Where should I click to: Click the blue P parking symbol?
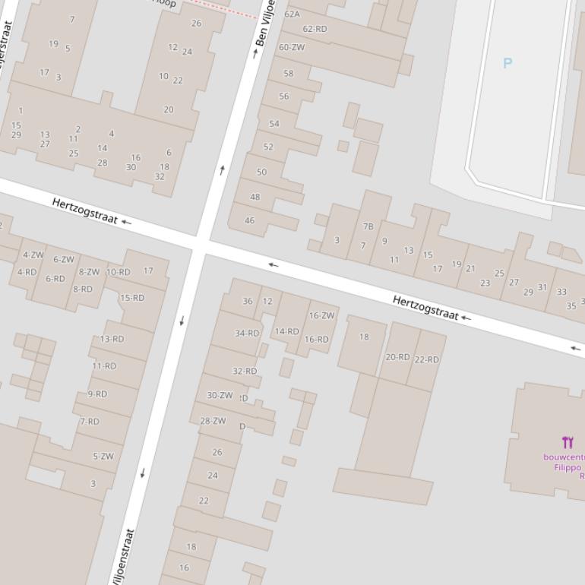tap(508, 63)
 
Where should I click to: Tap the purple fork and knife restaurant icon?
tap(568, 442)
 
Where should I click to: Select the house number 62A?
tap(292, 14)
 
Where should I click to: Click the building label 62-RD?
tap(315, 29)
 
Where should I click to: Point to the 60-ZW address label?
tap(292, 47)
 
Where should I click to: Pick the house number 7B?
tap(368, 226)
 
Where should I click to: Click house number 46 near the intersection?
tap(249, 220)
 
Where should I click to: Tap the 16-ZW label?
tap(321, 315)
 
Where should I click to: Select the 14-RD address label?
tap(286, 331)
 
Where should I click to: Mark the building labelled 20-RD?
tap(397, 356)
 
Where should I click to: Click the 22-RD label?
tap(426, 359)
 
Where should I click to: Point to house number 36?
tap(247, 301)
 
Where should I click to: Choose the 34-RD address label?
tap(247, 333)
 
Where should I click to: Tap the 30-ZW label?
tap(220, 395)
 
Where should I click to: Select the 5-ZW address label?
tap(103, 457)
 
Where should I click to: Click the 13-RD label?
tap(112, 339)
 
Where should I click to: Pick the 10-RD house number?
tap(118, 272)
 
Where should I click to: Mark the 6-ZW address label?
tap(64, 259)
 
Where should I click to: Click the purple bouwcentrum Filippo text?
tap(563, 462)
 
